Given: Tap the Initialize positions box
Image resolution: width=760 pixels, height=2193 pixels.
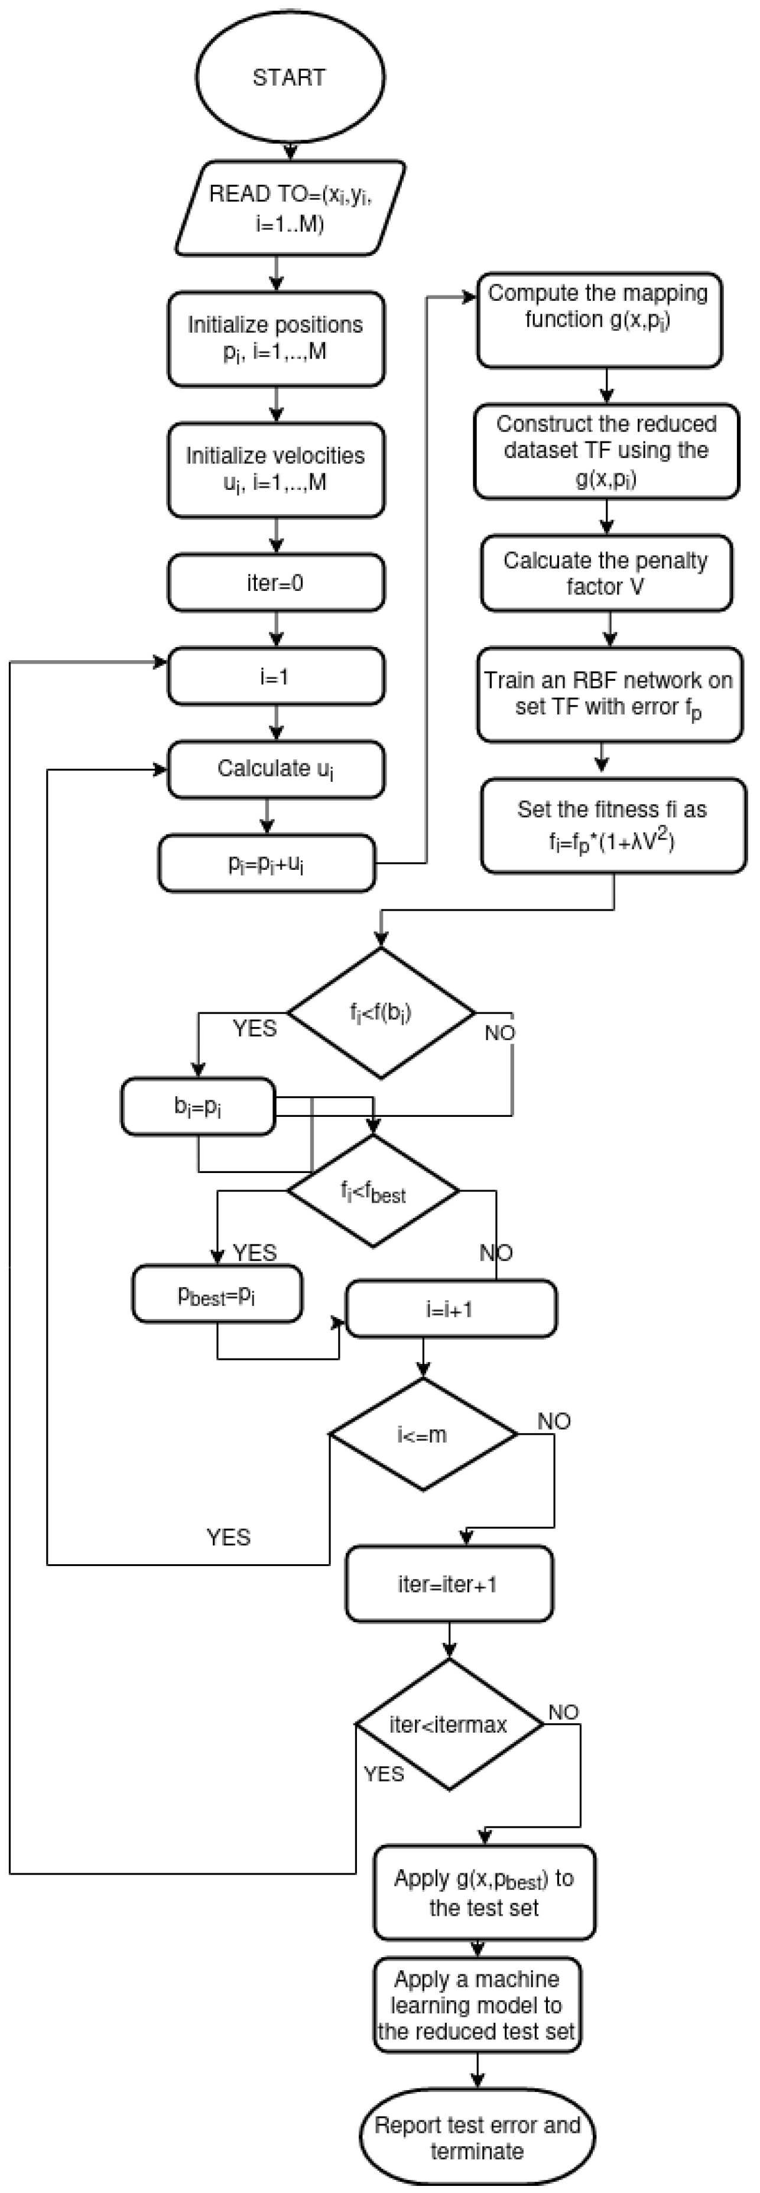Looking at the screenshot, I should (x=275, y=338).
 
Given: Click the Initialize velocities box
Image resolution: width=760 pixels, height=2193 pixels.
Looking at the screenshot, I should (x=275, y=469).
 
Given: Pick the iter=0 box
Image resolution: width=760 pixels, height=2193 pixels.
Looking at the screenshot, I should (x=275, y=583).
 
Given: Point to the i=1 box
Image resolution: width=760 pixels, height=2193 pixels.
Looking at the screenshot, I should (x=275, y=677).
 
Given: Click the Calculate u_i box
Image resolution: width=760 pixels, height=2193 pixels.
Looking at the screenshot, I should (x=275, y=769).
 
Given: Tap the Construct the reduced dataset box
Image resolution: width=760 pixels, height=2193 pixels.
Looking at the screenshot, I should (x=606, y=450).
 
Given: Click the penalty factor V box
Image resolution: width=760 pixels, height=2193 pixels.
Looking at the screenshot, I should (x=605, y=573).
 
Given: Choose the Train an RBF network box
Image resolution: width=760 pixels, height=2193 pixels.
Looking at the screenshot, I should (x=609, y=694).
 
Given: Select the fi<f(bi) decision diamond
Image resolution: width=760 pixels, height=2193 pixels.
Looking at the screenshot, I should (x=381, y=1013).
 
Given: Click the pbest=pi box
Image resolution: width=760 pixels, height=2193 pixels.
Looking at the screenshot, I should (x=216, y=1295).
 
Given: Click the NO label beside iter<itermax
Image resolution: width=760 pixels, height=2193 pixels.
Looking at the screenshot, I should (x=563, y=1712).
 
